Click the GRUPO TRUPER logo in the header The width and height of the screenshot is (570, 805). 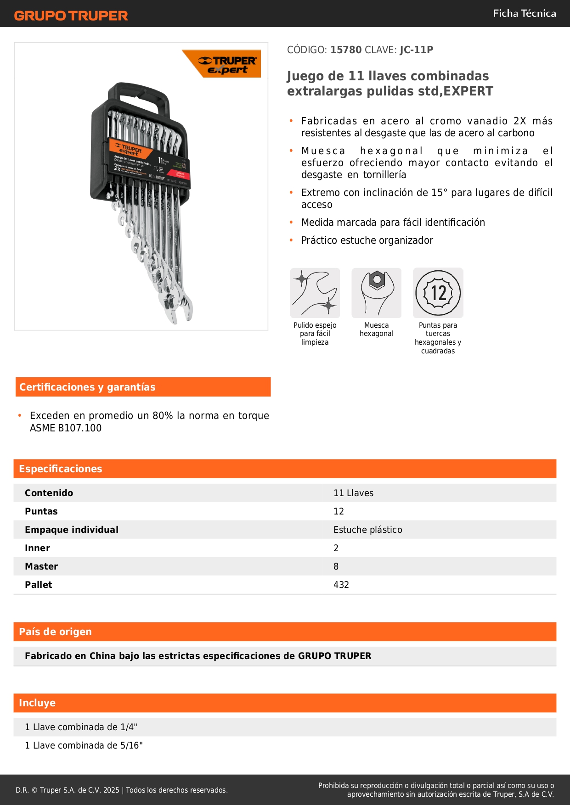click(71, 16)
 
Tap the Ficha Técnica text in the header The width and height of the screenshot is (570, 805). click(524, 13)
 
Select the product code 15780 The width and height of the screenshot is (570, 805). click(346, 50)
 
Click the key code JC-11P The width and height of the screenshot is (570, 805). click(416, 50)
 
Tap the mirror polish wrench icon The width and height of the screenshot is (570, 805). click(315, 293)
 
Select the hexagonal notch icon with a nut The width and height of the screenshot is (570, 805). click(376, 293)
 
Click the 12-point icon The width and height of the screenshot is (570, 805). click(438, 293)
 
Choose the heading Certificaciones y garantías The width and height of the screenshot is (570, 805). click(87, 387)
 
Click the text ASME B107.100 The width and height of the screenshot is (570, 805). click(66, 428)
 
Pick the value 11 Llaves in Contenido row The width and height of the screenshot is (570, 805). click(353, 493)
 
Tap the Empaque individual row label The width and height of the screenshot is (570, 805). click(72, 530)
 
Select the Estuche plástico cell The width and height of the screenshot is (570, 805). click(367, 530)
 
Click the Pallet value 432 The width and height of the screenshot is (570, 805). click(341, 585)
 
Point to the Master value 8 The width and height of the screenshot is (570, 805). click(336, 566)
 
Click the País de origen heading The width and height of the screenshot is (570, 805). click(55, 632)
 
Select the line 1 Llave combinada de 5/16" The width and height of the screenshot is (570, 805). click(84, 745)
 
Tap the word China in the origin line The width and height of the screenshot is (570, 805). click(102, 656)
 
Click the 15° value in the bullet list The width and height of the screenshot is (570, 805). click(439, 192)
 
